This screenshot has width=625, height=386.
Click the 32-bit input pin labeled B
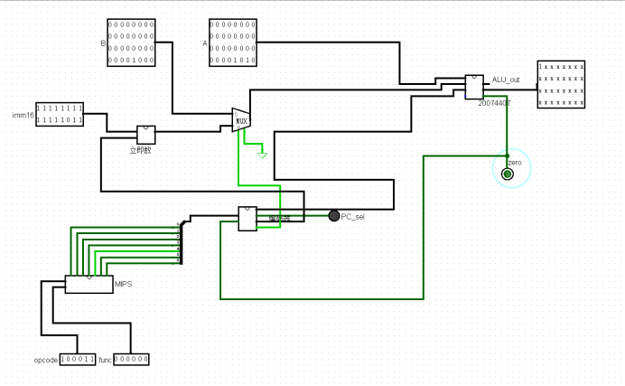pos(131,42)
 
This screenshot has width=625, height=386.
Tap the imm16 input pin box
pos(60,113)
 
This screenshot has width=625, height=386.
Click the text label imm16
pos(22,115)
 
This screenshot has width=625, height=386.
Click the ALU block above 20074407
pos(474,87)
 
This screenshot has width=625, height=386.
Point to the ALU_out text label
pos(506,80)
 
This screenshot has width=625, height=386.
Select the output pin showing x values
pos(561,85)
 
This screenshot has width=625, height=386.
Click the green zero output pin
pos(508,173)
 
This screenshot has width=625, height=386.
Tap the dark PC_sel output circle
pos(334,215)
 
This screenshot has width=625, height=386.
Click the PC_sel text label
pos(353,217)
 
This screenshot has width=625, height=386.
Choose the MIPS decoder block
pos(89,284)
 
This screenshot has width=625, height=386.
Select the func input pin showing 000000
pos(132,359)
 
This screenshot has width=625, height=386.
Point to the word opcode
pos(45,360)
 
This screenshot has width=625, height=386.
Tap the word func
pos(104,360)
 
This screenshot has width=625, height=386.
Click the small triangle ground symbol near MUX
pos(262,155)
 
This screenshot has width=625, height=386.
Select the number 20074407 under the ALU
pos(494,103)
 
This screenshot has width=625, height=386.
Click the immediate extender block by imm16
pos(146,135)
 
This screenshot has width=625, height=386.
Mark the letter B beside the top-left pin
pos(102,42)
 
